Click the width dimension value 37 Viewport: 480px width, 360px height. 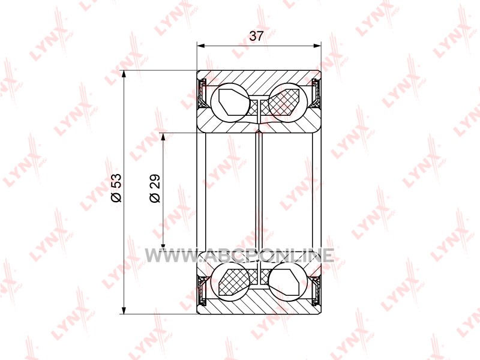(256, 36)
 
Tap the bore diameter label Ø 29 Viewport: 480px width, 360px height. (155, 188)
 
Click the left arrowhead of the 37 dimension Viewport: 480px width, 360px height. (200, 46)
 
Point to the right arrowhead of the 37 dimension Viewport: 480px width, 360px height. (317, 46)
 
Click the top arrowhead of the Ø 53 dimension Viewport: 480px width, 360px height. (124, 74)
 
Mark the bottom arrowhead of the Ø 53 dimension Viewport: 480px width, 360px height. (124, 310)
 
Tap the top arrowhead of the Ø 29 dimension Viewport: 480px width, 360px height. (163, 137)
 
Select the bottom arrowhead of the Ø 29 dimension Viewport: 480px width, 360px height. (163, 244)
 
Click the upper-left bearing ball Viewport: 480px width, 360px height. (230, 103)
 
